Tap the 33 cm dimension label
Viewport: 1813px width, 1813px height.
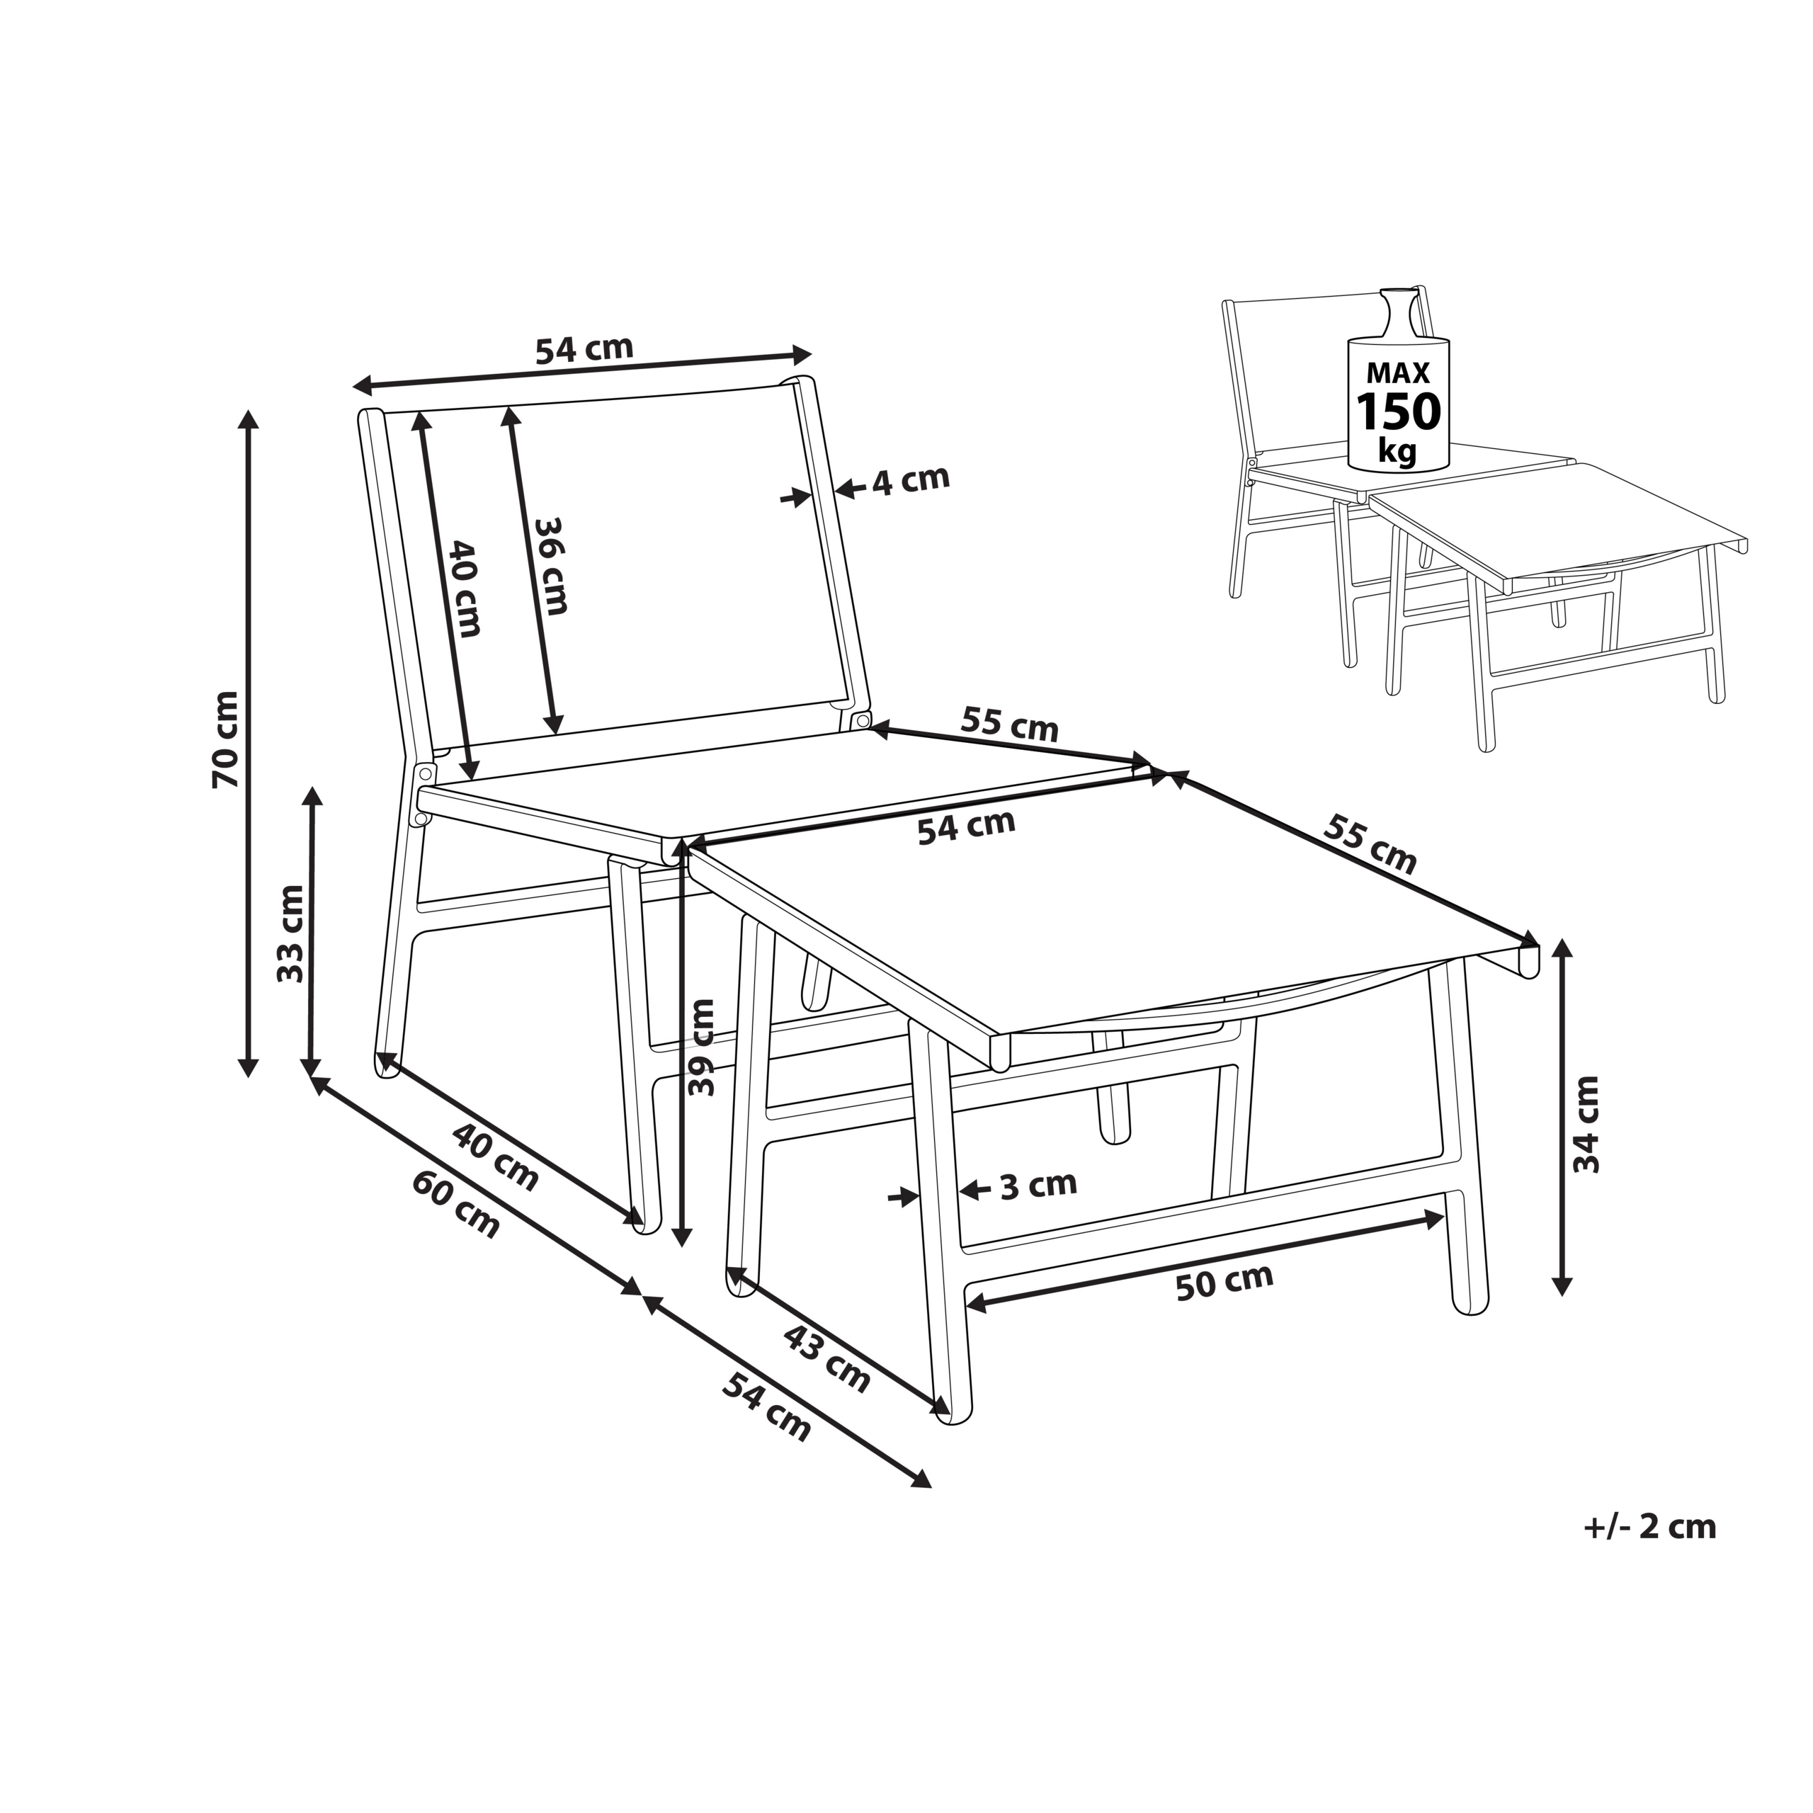click(291, 933)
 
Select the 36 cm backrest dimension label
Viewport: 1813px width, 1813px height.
click(550, 566)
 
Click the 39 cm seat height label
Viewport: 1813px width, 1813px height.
click(701, 1046)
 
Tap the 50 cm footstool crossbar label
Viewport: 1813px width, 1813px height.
click(1224, 1282)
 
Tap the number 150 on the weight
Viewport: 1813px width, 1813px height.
click(1398, 412)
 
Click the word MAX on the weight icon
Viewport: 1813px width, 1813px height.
click(1398, 373)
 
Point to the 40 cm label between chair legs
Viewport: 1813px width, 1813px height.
click(496, 1157)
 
